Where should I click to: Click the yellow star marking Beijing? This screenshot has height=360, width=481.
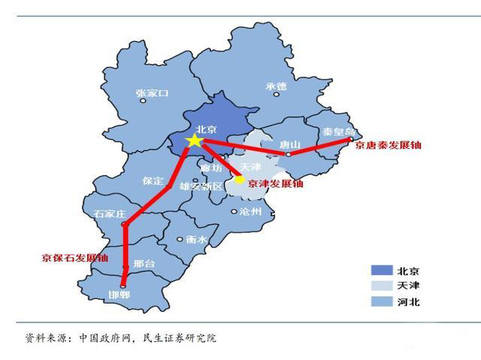click(195, 141)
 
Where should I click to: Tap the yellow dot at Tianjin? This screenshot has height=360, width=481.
click(240, 179)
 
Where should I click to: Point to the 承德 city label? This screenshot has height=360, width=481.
click(276, 86)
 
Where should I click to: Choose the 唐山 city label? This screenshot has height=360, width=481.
click(289, 144)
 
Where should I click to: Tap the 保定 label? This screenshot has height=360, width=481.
click(152, 181)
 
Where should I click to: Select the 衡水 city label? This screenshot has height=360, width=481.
click(196, 239)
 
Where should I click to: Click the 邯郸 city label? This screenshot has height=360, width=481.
click(119, 295)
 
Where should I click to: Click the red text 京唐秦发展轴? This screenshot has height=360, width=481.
click(389, 144)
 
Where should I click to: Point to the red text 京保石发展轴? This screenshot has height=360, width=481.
click(74, 258)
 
